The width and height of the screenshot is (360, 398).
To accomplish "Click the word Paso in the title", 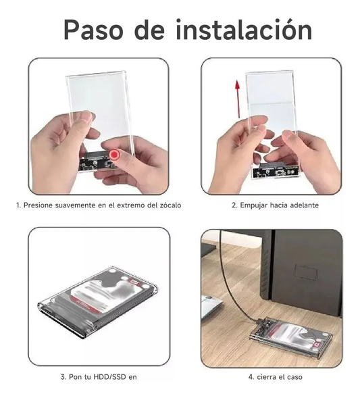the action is coord(93,30).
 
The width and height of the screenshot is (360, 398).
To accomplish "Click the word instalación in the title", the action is coord(244,30).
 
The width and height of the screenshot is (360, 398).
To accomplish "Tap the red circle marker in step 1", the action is coord(114,154).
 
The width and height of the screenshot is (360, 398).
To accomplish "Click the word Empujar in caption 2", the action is coord(253,205).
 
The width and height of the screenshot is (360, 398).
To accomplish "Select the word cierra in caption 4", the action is coord(265,377).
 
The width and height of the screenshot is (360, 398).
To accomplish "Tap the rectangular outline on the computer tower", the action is coord(306,272).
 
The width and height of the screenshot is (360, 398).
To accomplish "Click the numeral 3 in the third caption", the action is coord(62,377).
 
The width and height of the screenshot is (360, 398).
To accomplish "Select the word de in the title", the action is coord(149,30).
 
